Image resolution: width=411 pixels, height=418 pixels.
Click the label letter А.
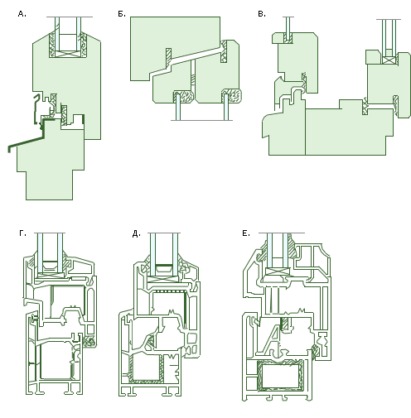pyautogui.click(x=22, y=14)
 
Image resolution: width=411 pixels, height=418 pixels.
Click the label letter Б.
pyautogui.click(x=122, y=14)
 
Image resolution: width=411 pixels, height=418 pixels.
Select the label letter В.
pyautogui.click(x=262, y=14)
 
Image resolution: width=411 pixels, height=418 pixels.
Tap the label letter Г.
pyautogui.click(x=22, y=233)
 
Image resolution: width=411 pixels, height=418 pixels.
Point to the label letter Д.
pyautogui.click(x=136, y=234)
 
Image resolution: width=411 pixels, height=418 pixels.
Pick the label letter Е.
pyautogui.click(x=246, y=233)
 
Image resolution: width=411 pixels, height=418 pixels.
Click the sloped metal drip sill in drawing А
pyautogui.click(x=27, y=143)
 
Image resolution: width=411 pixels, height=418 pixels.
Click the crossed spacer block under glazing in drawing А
pyautogui.click(x=68, y=54)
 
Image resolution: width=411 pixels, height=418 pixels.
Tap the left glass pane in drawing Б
pyautogui.click(x=178, y=107)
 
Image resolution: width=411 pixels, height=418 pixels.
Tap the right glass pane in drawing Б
pyautogui.click(x=226, y=107)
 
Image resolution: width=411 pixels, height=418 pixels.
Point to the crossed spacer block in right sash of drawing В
pyautogui.click(x=389, y=60)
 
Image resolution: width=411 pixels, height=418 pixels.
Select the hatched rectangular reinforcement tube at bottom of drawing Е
pyautogui.click(x=280, y=375)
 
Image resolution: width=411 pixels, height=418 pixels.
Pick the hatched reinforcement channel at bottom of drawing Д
pyautogui.click(x=145, y=369)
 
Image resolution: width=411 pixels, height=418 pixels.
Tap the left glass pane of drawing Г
pyautogui.click(x=41, y=252)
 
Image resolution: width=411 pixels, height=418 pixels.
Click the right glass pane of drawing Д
pyautogui.click(x=176, y=254)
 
